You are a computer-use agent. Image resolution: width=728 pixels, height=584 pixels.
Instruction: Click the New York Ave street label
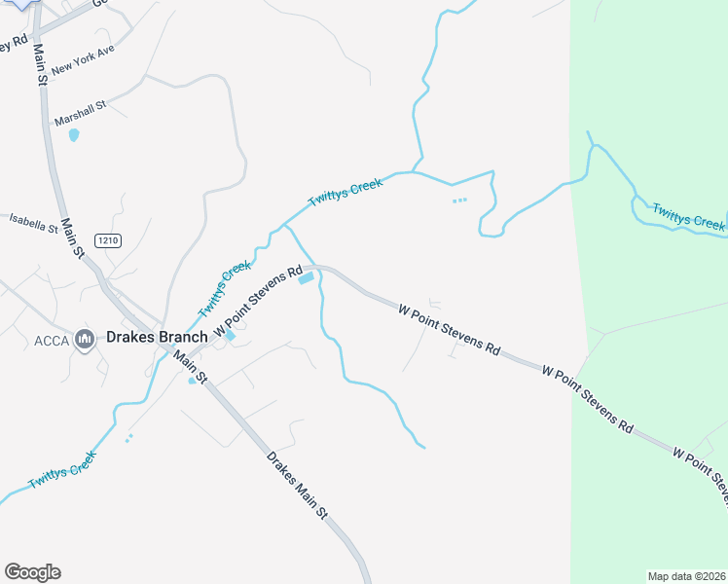[x=84, y=60]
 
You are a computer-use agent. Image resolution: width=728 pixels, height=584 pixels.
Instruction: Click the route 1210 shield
[x=108, y=240]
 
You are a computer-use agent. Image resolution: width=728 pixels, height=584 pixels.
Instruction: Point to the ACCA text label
[x=52, y=340]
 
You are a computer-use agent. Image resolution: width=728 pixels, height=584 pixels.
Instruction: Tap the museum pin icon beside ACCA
[x=84, y=340]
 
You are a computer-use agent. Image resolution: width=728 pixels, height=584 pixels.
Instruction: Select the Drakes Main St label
[x=298, y=483]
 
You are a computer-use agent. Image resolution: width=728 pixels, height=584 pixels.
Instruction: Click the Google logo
[x=32, y=572]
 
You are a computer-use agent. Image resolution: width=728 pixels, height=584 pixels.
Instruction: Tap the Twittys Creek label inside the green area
[x=688, y=216]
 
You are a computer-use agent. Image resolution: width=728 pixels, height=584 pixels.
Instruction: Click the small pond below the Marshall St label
[x=74, y=135]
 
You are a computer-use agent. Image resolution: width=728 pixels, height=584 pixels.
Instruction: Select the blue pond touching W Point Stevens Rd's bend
[x=307, y=278]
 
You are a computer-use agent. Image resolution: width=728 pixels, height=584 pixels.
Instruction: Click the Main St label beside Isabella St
[x=73, y=237]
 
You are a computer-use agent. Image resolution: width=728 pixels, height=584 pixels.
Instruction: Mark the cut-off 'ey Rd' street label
[x=14, y=43]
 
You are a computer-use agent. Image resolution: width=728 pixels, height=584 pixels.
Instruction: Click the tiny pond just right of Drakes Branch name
[x=230, y=337]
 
